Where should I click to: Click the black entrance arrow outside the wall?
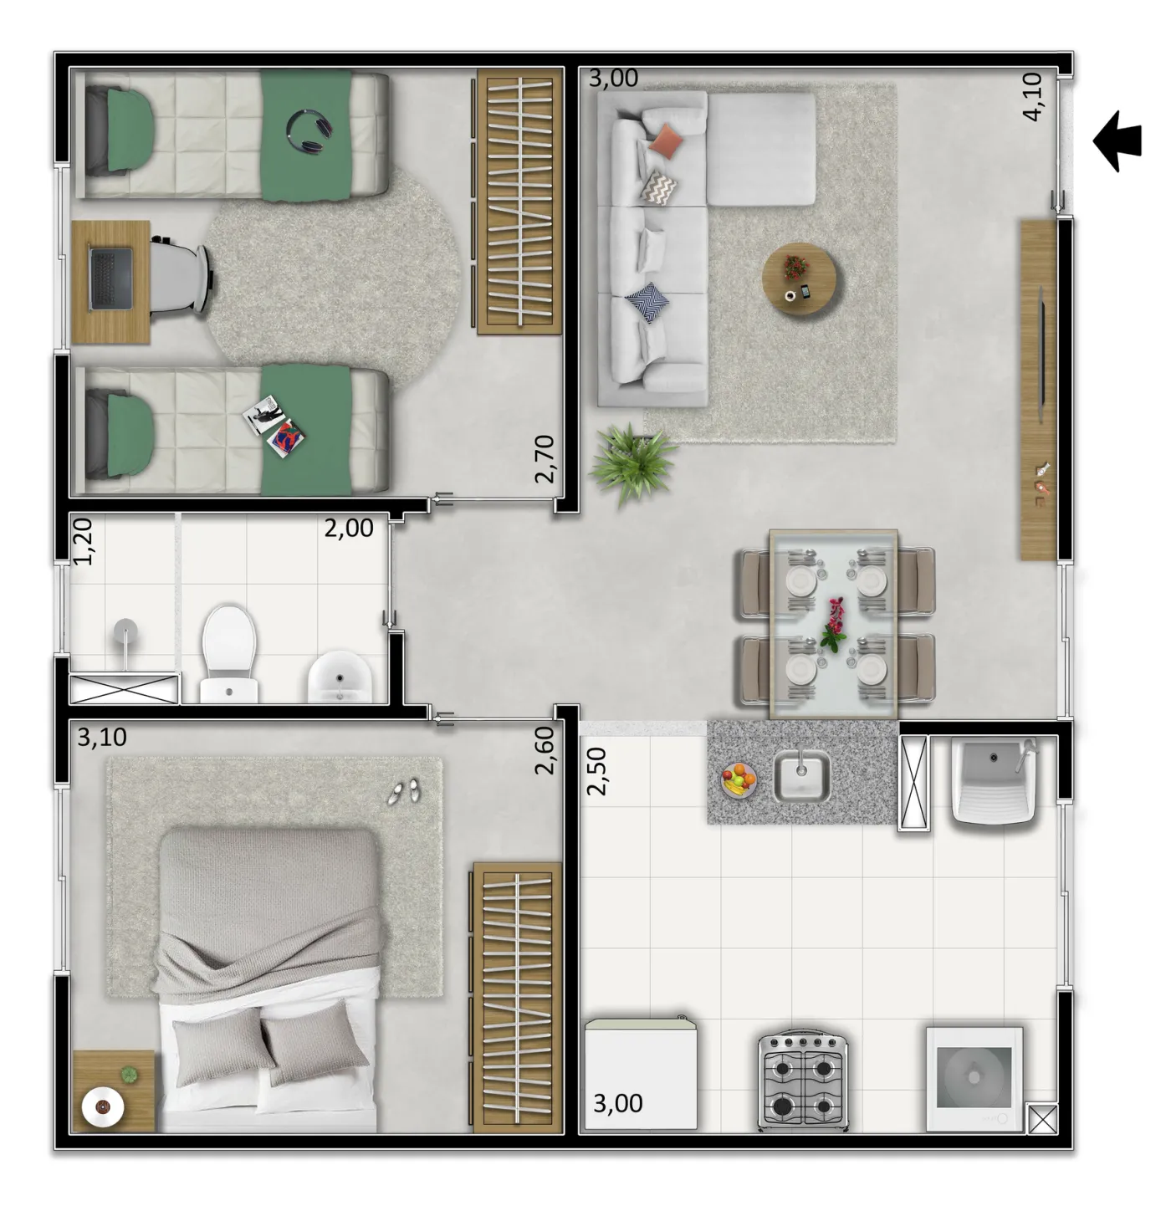[x=1117, y=141]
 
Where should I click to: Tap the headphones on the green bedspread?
[x=309, y=131]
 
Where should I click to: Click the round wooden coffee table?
[x=799, y=279]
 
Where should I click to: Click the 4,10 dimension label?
[x=1032, y=96]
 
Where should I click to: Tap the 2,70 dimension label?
[x=545, y=458]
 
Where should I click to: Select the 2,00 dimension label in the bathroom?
[x=349, y=529]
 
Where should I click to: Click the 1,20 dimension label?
[x=83, y=542]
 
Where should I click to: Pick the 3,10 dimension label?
[x=102, y=738]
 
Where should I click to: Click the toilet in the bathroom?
[x=228, y=654]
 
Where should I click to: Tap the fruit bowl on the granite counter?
[x=739, y=779]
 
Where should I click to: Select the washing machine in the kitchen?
[x=974, y=1079]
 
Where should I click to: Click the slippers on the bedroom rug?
[x=405, y=791]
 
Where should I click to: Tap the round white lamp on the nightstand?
[x=103, y=1107]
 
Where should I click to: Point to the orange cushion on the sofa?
[x=666, y=140]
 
